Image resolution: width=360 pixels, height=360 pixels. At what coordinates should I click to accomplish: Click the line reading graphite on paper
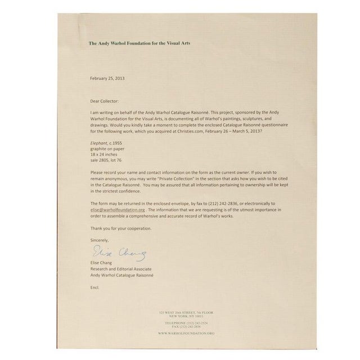[x=106, y=149]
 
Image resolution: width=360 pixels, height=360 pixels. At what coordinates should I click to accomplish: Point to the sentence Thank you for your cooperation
[x=120, y=228]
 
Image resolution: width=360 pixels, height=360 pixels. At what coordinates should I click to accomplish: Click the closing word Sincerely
[x=101, y=240]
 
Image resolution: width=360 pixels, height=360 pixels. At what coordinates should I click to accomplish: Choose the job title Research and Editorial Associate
[x=121, y=268]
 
